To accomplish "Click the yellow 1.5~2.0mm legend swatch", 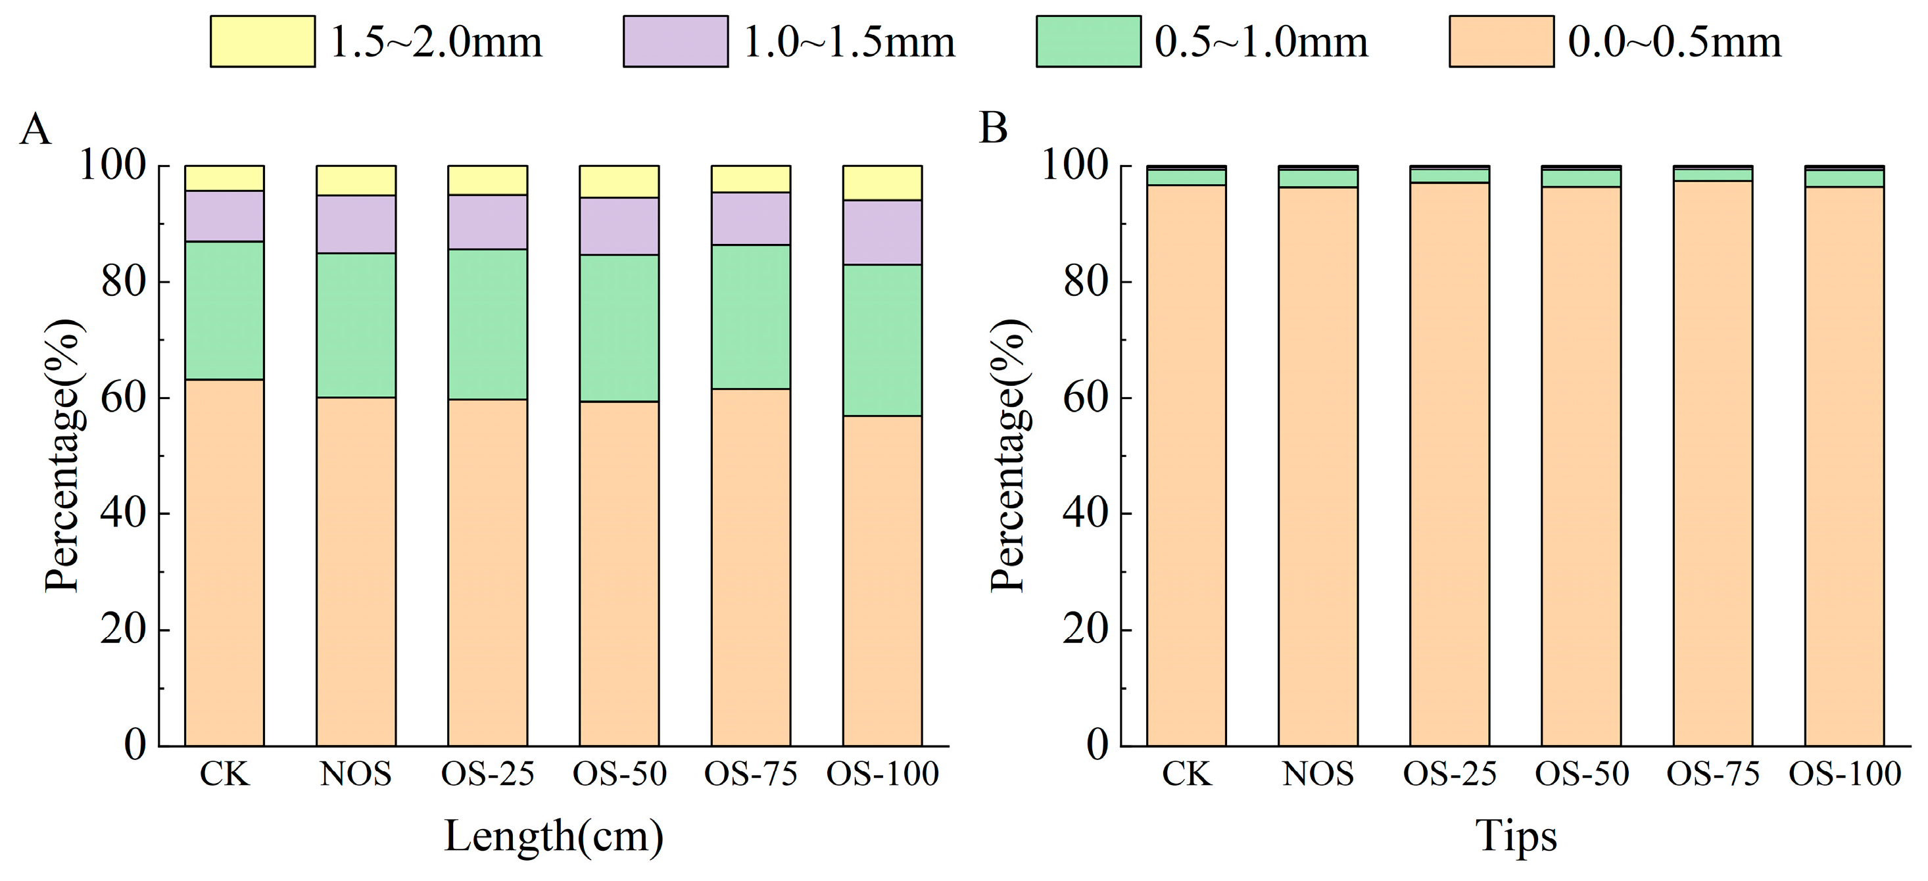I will pos(262,42).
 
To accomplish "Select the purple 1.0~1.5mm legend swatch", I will pos(675,42).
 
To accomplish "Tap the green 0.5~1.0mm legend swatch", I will pos(1088,42).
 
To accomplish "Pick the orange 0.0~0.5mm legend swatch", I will pos(1501,42).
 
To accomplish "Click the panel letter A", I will pos(34,130).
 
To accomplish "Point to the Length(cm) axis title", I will pos(554,836).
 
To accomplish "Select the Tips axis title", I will pos(1516,836).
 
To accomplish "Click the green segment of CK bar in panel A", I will pos(224,310).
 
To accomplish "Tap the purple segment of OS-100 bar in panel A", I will pos(882,232).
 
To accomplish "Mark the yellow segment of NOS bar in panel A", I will pos(356,180).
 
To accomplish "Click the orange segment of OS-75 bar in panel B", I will pos(1713,464).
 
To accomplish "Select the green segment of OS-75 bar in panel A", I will pos(751,317).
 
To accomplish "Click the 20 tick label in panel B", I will pos(1086,629).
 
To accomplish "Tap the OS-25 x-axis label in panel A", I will pos(487,774).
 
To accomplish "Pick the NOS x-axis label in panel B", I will pos(1318,774).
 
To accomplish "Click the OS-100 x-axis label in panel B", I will pos(1844,774).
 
